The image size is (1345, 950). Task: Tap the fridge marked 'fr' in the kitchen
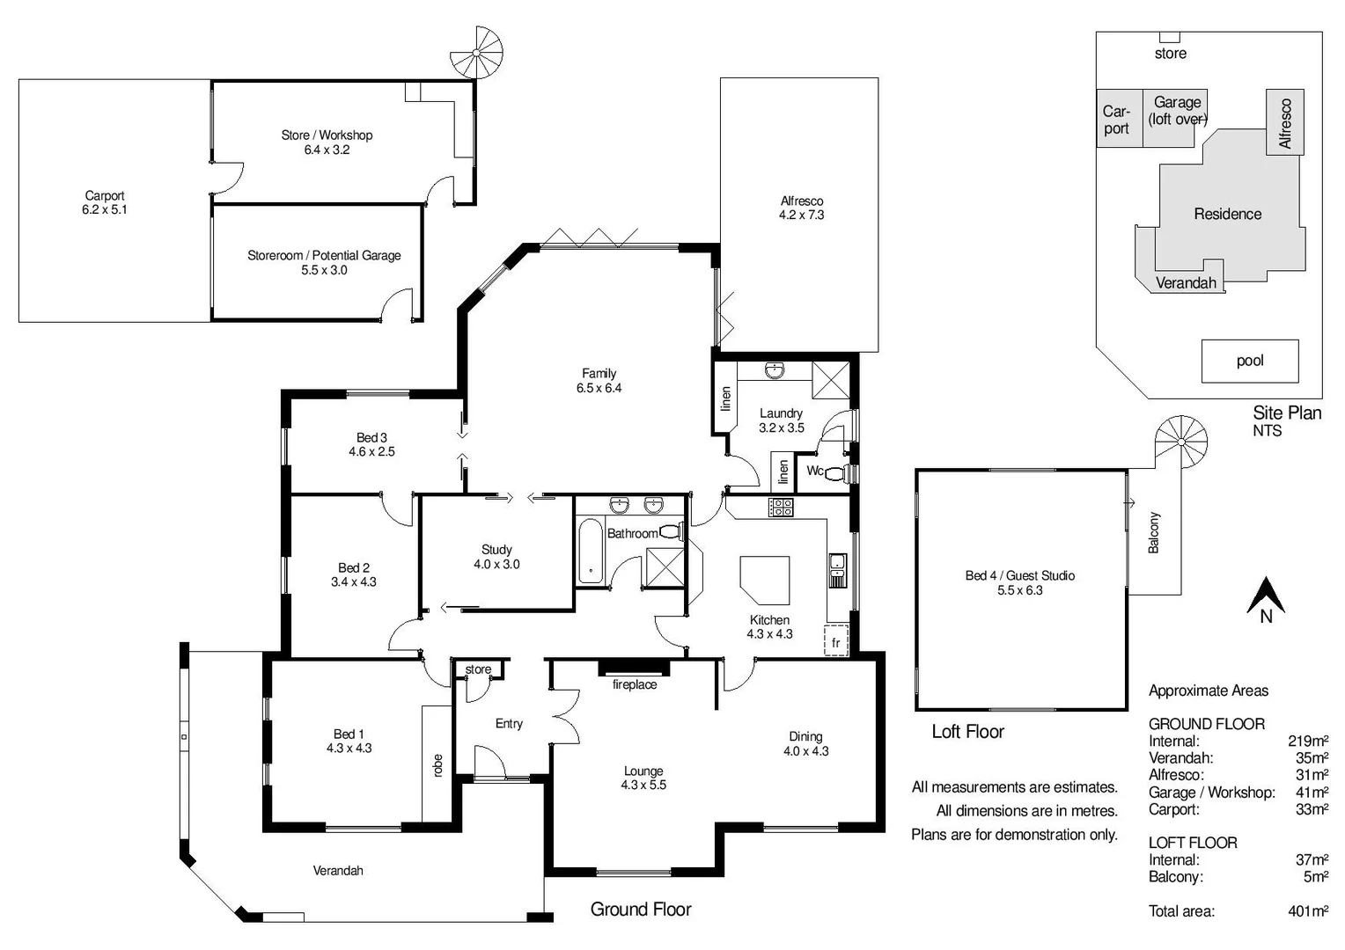(835, 641)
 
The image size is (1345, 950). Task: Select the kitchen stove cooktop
(781, 507)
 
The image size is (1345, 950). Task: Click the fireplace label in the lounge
(635, 684)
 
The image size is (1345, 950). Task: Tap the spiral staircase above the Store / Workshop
(477, 53)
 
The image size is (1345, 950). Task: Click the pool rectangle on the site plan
(1250, 361)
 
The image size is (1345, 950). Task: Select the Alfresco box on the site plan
(1285, 121)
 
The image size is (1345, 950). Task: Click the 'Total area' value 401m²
(1308, 911)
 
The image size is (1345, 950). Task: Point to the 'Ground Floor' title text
(641, 910)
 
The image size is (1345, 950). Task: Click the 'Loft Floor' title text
(967, 732)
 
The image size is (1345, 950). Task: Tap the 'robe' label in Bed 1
(437, 764)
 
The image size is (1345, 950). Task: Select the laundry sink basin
(775, 370)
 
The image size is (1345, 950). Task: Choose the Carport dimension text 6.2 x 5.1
(105, 210)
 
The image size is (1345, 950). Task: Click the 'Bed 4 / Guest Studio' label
(1019, 575)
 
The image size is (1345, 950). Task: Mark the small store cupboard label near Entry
(478, 669)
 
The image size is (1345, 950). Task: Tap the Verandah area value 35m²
(1312, 758)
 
